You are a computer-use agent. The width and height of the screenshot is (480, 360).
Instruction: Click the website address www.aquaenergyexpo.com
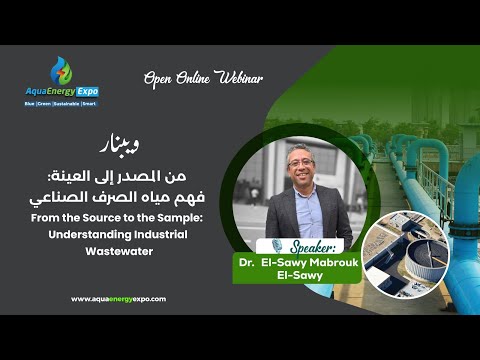point(118,298)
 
